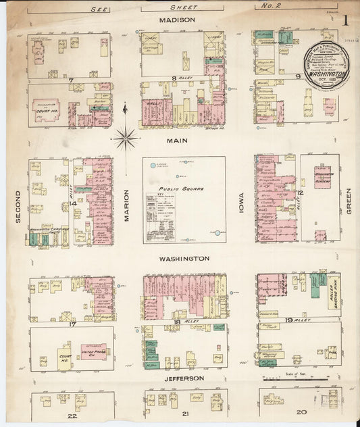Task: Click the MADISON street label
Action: point(177,20)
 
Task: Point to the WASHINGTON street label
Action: point(184,259)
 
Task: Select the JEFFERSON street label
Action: point(184,378)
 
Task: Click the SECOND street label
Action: point(18,206)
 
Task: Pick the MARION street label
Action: point(126,205)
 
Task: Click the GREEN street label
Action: point(349,201)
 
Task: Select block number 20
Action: point(301,412)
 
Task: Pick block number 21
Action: point(186,413)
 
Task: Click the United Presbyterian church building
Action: point(94,353)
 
